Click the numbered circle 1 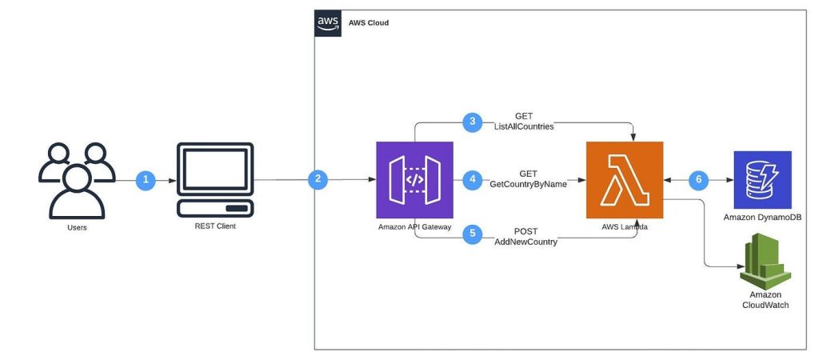tap(146, 180)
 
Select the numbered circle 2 tap(318, 179)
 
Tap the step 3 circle tap(472, 122)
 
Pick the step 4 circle tap(473, 179)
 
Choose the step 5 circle tap(473, 234)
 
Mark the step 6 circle tap(699, 180)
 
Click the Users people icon tap(77, 180)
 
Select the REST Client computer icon tap(215, 180)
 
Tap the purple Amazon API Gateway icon tap(414, 180)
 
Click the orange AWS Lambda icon tap(625, 180)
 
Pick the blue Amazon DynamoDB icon tap(762, 179)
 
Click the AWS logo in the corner tap(328, 23)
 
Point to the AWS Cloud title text tap(369, 23)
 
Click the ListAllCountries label tap(524, 127)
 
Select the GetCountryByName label tap(528, 185)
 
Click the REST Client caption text tap(215, 226)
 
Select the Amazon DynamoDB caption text tap(762, 218)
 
